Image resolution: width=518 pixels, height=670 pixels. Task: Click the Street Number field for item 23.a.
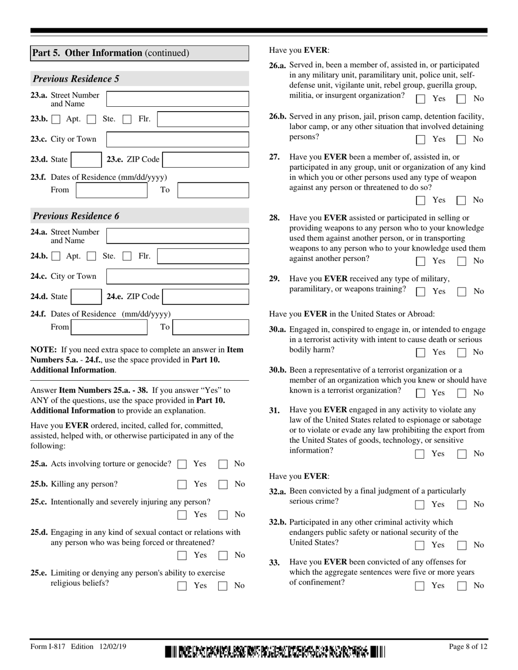click(177, 99)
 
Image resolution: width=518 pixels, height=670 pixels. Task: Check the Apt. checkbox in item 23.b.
click(56, 119)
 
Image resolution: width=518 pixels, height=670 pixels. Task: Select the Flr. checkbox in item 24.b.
click(127, 256)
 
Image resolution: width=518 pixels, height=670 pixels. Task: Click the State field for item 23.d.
click(85, 160)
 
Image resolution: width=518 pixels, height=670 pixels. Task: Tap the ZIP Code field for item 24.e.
click(206, 297)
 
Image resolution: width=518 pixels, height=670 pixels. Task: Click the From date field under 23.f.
click(111, 190)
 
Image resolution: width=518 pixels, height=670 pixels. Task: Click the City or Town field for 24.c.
click(177, 277)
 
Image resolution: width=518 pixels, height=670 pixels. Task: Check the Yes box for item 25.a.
click(183, 465)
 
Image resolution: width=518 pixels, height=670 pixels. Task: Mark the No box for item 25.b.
click(223, 484)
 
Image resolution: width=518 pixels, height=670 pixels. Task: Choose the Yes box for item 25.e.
click(183, 586)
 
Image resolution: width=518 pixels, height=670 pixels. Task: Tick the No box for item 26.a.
click(461, 99)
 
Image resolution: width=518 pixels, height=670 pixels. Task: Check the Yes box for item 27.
click(420, 200)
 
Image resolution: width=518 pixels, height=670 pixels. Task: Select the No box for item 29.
click(461, 291)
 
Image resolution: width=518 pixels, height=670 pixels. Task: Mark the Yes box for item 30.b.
click(420, 393)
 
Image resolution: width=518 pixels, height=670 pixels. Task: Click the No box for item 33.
click(461, 586)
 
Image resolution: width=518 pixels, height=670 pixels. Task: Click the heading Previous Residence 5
click(76, 79)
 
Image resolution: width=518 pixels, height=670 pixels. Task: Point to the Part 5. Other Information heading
click(111, 53)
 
